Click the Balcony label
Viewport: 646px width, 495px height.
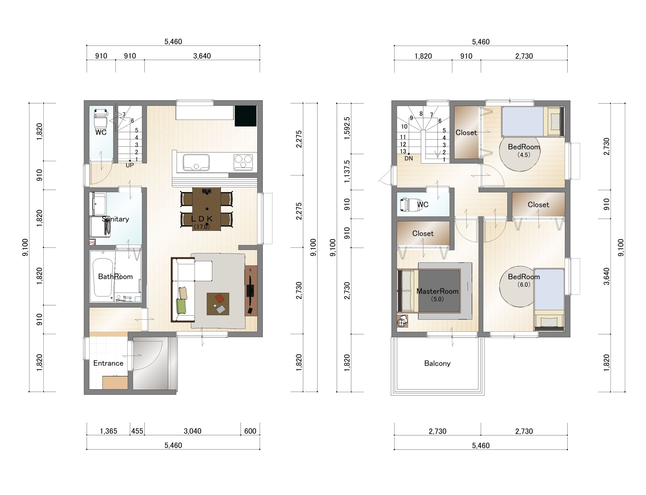point(437,363)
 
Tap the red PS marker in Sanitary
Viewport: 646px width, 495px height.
point(92,243)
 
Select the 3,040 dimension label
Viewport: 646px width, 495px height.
point(192,431)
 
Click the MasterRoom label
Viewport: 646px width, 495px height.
point(437,291)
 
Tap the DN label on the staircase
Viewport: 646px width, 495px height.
point(408,158)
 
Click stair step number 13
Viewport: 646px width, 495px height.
point(403,151)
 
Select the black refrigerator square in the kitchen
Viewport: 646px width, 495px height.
point(246,116)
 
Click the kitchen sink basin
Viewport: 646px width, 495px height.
point(196,162)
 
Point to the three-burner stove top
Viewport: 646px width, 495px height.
point(243,162)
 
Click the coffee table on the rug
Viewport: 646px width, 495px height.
point(218,304)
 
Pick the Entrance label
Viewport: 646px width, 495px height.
point(108,363)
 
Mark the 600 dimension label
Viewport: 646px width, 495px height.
point(250,431)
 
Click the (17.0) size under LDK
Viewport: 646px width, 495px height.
point(201,227)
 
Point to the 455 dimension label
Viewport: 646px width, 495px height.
point(137,431)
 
